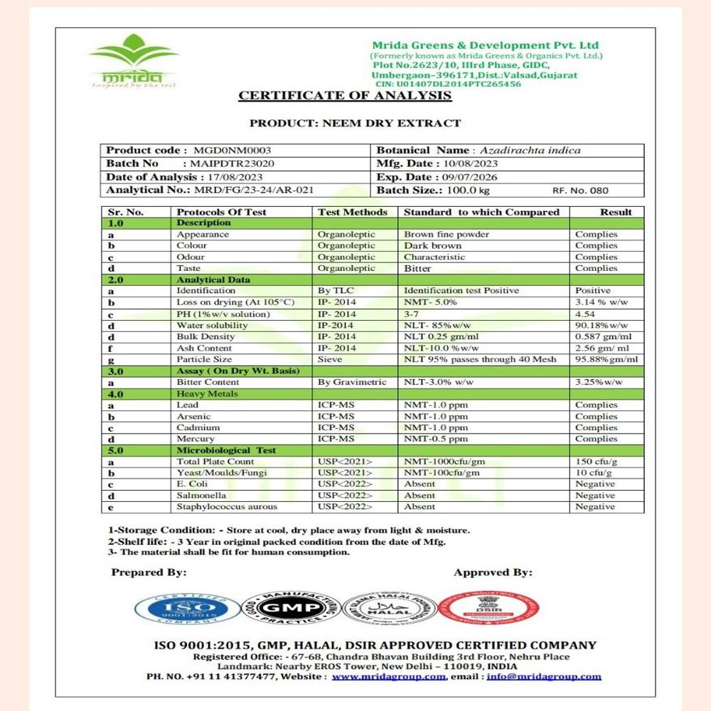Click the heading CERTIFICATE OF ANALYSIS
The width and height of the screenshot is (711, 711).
point(345,96)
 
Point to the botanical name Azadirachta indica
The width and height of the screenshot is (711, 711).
point(530,151)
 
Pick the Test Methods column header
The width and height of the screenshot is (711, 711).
point(353,212)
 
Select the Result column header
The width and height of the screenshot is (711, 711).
point(616,212)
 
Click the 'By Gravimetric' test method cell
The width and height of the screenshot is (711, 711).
point(352,383)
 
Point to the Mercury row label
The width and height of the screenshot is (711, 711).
point(196,439)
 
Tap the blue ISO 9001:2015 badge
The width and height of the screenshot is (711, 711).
point(188,609)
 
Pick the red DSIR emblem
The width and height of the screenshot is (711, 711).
point(488,609)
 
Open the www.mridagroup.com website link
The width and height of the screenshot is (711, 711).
point(389,676)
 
